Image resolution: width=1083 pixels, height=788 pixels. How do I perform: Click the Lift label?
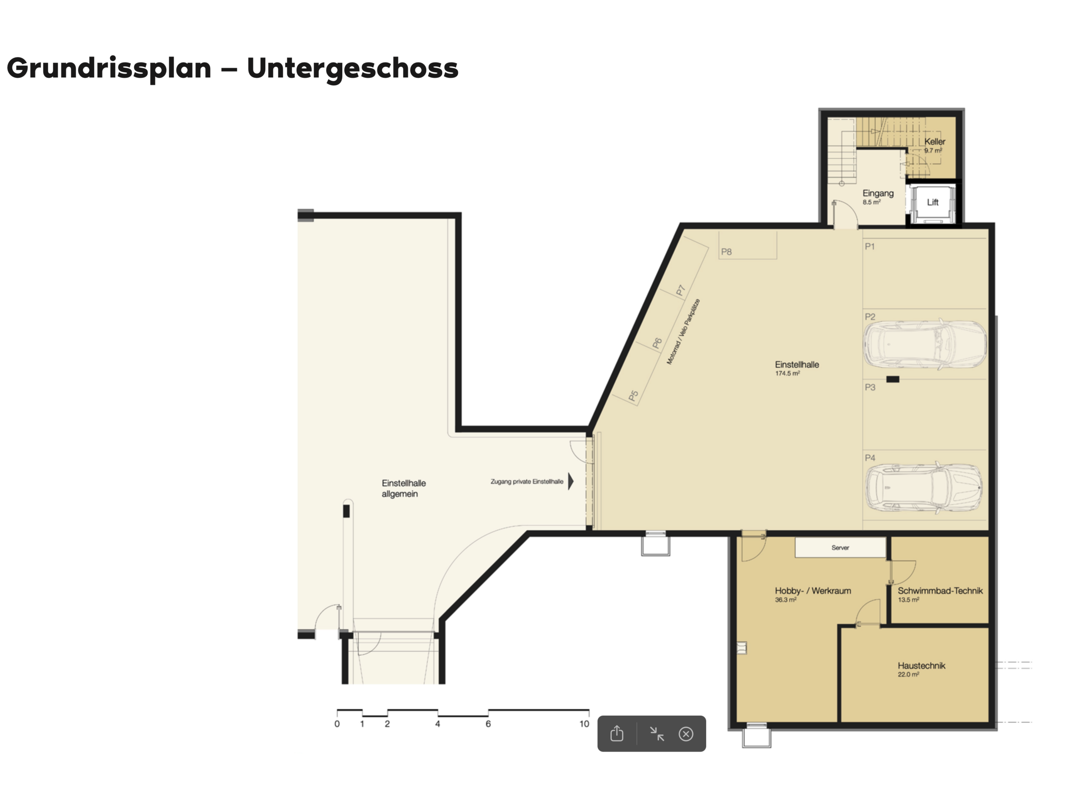(932, 202)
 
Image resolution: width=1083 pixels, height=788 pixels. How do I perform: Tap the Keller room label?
(935, 142)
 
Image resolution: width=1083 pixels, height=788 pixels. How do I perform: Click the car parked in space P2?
(925, 344)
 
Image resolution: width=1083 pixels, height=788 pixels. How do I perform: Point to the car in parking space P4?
(924, 487)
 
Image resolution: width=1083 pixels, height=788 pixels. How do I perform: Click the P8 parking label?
(726, 252)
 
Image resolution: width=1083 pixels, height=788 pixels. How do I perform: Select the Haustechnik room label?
(921, 665)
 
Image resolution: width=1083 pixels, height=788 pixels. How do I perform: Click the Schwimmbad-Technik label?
(940, 590)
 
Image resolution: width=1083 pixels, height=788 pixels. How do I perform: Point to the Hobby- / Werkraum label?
(813, 590)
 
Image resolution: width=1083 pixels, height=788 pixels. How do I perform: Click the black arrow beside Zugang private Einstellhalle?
(571, 482)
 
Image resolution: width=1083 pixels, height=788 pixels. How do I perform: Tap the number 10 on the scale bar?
(584, 724)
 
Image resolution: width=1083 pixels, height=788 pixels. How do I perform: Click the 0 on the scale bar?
(337, 724)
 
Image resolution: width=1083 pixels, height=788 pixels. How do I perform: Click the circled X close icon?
(686, 733)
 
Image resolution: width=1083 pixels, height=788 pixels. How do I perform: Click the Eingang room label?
(878, 193)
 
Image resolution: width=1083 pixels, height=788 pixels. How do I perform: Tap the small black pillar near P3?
(893, 379)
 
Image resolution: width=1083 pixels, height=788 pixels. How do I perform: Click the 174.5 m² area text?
(787, 373)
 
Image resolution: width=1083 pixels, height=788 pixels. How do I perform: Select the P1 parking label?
(869, 246)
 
